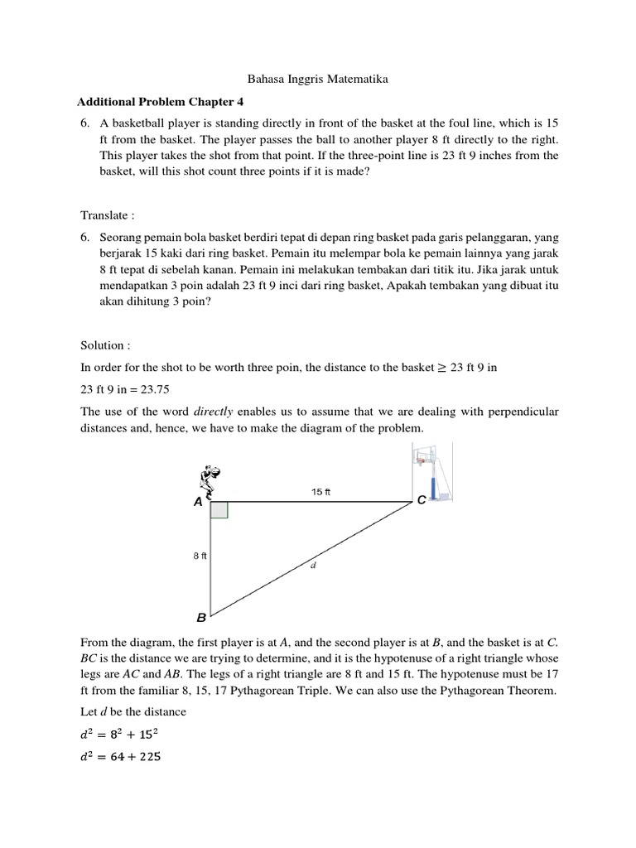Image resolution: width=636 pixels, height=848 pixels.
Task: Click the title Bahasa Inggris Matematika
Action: pos(319,79)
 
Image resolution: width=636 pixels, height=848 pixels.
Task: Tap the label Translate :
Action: pos(106,215)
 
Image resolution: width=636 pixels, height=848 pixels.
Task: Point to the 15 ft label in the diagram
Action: pos(320,492)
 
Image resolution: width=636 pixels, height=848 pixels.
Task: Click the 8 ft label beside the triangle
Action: pos(200,556)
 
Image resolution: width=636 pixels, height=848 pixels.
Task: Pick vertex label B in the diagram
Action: pos(200,618)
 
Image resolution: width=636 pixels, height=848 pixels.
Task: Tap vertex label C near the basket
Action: pos(422,501)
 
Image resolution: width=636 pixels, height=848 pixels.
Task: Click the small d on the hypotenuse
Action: pos(314,566)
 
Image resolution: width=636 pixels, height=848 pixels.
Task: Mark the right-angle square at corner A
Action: pos(219,510)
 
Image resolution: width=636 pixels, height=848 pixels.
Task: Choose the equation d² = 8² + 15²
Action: pos(120,732)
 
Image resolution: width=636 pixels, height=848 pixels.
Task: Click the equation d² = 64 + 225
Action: pos(120,755)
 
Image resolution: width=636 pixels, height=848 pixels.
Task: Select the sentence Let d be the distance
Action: pos(133,711)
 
